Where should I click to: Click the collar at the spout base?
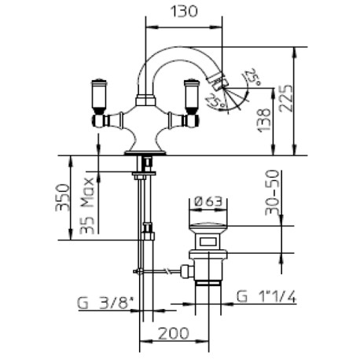click(145, 101)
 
